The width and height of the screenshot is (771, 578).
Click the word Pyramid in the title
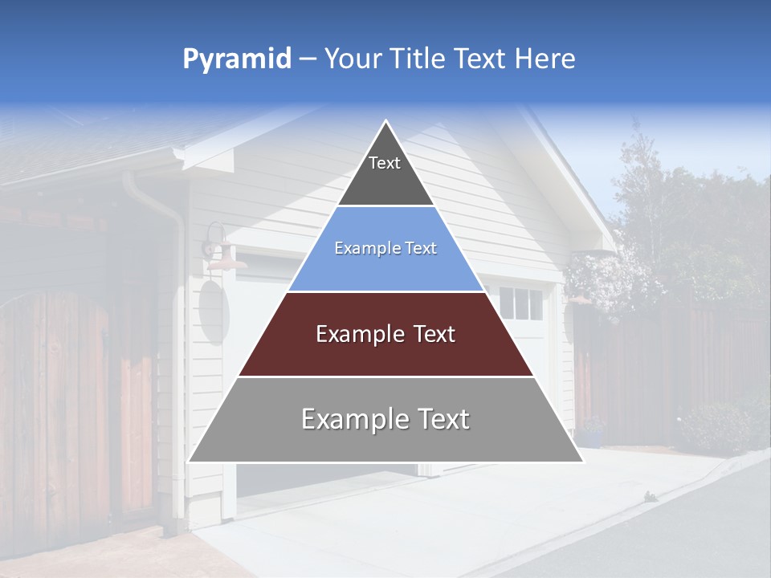coord(236,59)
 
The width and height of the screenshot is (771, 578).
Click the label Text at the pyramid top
coord(385,163)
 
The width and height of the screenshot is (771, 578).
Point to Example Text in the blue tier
coord(385,248)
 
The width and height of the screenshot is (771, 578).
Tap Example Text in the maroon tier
coord(385,334)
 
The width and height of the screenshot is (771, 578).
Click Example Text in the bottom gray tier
coord(385,419)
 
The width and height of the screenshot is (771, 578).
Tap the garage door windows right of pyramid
coord(520,303)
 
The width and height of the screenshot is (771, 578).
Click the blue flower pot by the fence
coord(592,438)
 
